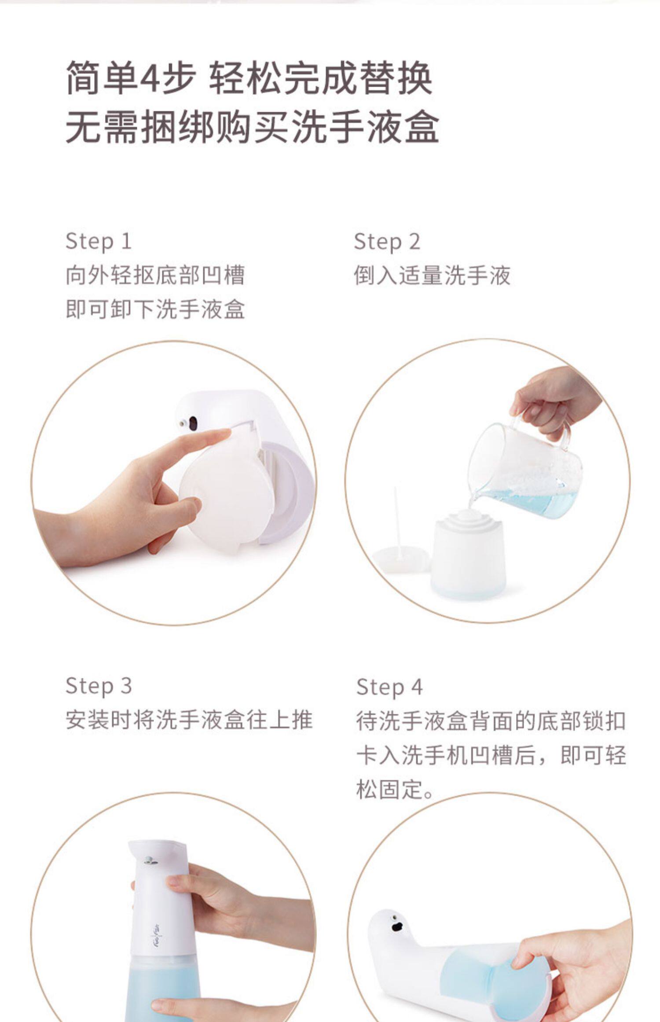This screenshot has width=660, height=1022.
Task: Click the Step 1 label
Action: coord(99,242)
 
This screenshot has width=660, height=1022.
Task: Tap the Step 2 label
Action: coord(387,242)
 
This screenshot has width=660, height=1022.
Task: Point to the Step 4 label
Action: coord(389,687)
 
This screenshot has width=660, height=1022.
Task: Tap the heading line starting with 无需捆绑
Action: coord(252,127)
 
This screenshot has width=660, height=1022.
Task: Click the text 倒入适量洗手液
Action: coord(432,276)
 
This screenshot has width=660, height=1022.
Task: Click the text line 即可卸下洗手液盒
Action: coord(155,309)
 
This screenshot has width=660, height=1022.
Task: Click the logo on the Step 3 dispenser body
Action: coord(157,932)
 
